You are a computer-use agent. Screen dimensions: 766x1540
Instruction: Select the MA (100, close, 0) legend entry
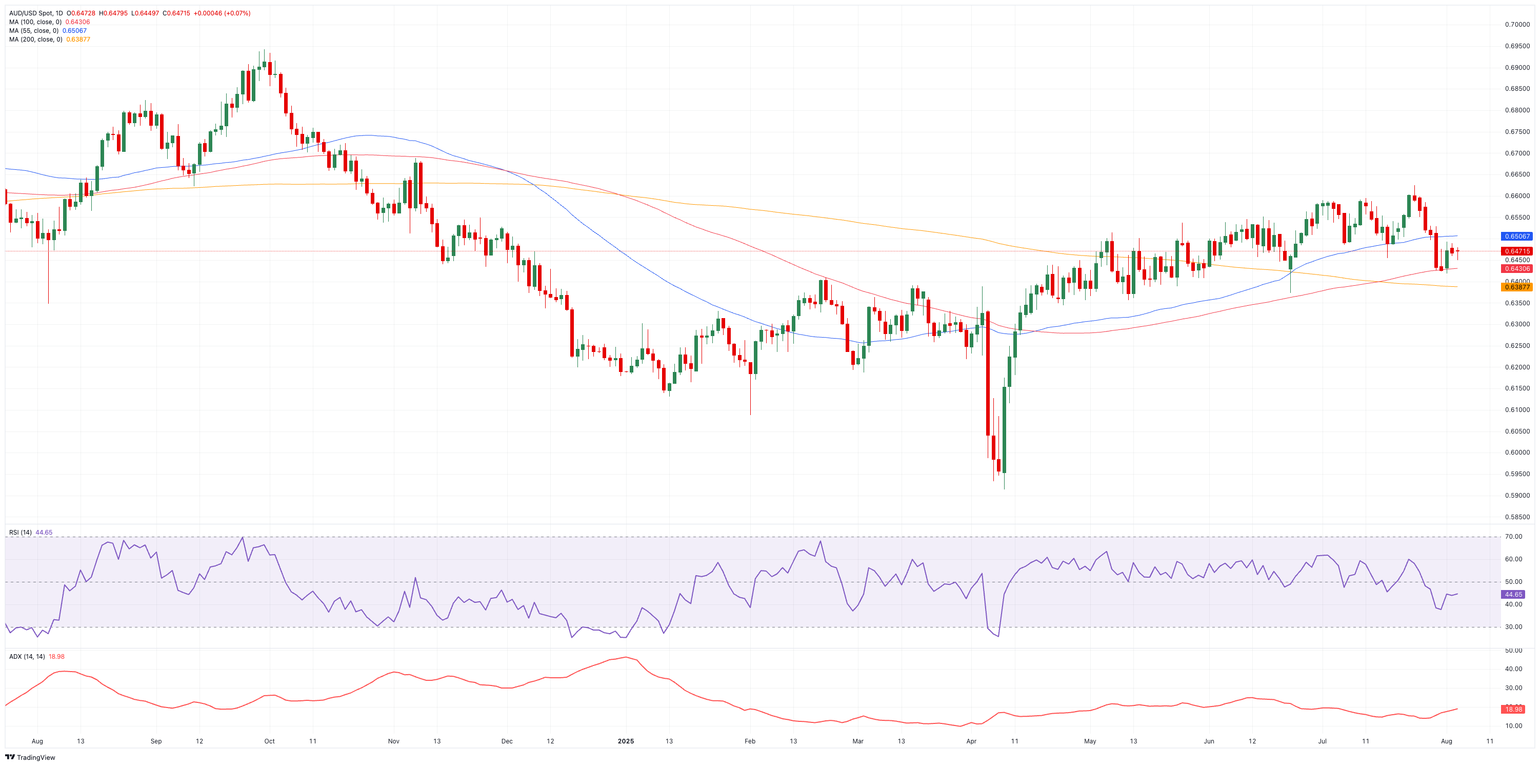[x=35, y=22]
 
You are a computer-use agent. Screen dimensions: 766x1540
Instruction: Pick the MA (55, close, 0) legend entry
[x=33, y=30]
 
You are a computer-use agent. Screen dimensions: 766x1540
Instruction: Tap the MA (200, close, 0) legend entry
[x=35, y=40]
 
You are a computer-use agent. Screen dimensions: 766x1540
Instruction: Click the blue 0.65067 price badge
[x=1517, y=236]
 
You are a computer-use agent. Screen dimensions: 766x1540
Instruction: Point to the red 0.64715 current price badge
[x=1517, y=251]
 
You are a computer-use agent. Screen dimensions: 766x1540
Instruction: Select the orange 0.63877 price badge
[x=1517, y=287]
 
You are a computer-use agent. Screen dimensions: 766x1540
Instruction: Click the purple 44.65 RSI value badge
[x=1513, y=595]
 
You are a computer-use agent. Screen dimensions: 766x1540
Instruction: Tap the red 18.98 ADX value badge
[x=1513, y=709]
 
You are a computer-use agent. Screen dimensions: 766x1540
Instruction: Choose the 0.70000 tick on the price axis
[x=1517, y=25]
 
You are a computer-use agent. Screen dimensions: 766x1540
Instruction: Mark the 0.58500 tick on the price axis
[x=1517, y=517]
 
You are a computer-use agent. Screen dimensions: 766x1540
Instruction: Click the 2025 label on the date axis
[x=625, y=741]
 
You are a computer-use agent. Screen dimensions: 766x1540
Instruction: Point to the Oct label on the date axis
[x=270, y=741]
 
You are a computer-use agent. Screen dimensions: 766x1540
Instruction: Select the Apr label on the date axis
[x=971, y=741]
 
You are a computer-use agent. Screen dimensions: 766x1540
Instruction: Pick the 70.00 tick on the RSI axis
[x=1513, y=536]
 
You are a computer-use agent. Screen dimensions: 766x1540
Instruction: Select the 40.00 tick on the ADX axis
[x=1513, y=669]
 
